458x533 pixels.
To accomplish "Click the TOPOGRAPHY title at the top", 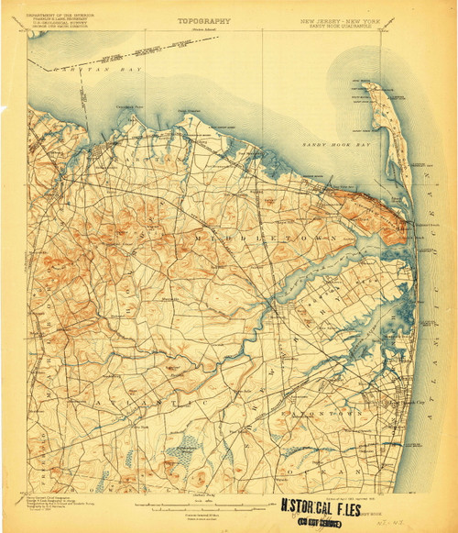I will (x=203, y=19).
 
